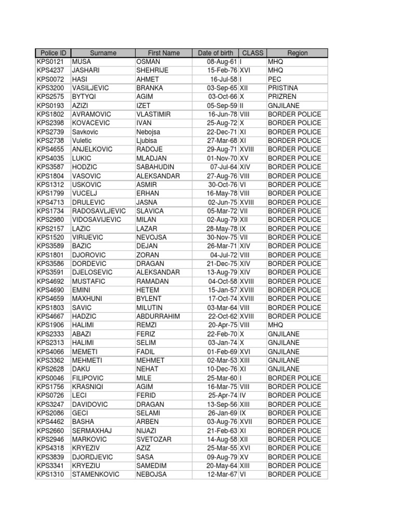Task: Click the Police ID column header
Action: pos(52,53)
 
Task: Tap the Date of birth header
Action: pos(216,53)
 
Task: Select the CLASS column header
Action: pos(253,53)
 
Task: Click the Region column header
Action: pos(297,53)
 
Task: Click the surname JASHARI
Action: pos(86,71)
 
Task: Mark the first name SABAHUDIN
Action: pos(156,167)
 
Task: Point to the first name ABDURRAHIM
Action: pos(158,316)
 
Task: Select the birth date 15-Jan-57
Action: pos(223,290)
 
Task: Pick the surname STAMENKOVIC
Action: pos(96,474)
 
